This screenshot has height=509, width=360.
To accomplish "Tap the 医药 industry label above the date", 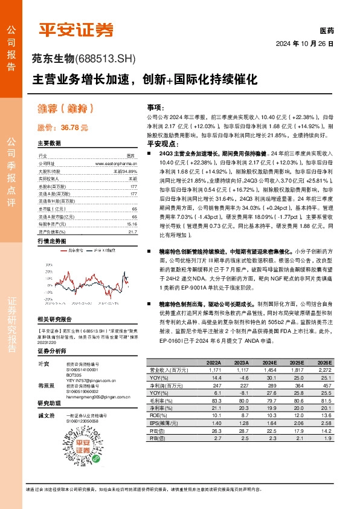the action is tap(326, 30).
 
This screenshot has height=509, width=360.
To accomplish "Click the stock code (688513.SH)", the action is tap(106, 59).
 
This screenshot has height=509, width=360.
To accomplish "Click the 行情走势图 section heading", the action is tap(51, 223).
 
